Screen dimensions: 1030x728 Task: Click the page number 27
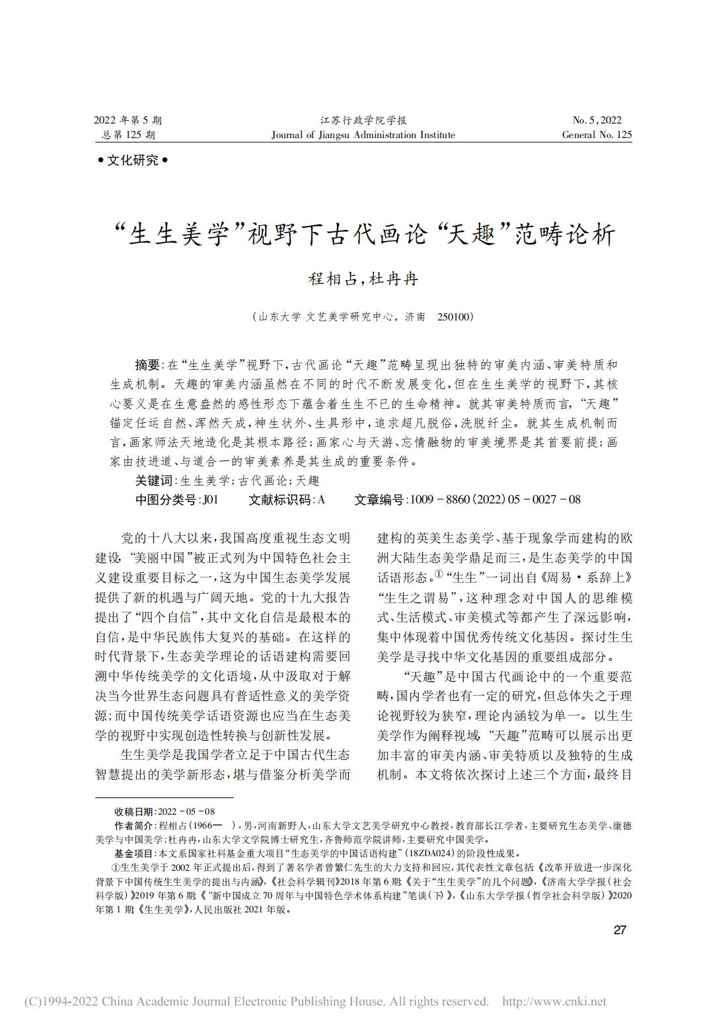click(x=619, y=930)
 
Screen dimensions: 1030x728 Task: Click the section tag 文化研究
click(x=133, y=160)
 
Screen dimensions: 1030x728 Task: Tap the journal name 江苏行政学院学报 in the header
click(x=363, y=120)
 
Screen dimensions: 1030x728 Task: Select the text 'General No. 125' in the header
click(x=597, y=135)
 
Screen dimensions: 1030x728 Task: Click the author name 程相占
click(x=332, y=279)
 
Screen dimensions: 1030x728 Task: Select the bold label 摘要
click(x=147, y=365)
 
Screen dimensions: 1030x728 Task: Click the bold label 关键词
click(x=153, y=481)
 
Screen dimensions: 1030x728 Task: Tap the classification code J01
click(x=211, y=499)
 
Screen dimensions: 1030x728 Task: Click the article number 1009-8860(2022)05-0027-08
click(x=495, y=499)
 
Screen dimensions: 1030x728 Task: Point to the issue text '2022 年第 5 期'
click(x=127, y=120)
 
